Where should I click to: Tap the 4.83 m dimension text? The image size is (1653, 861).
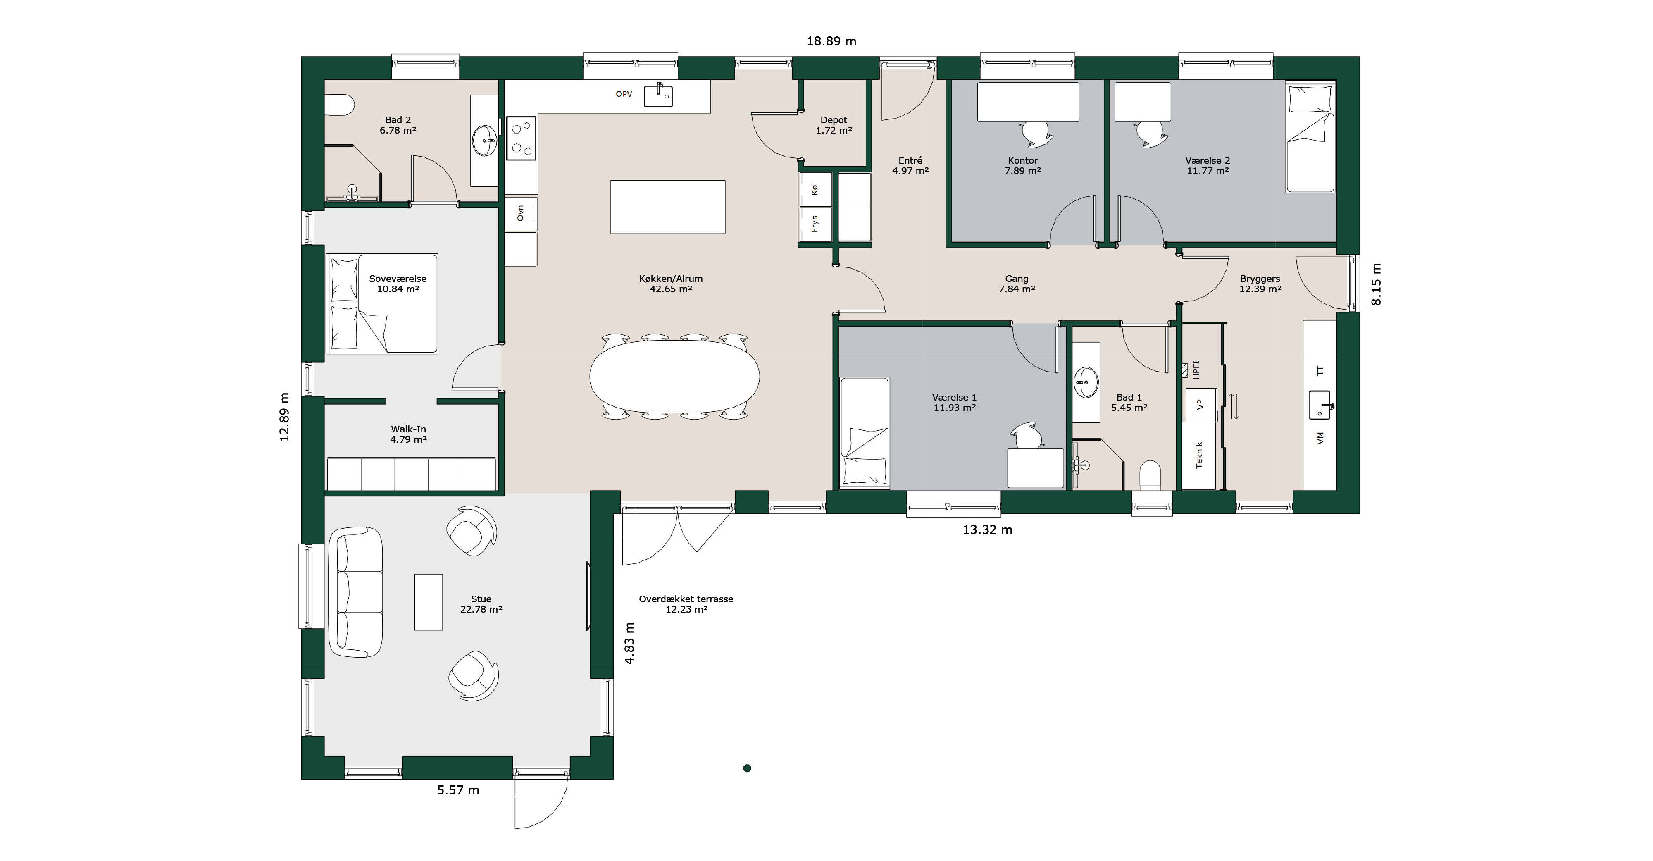[x=629, y=643]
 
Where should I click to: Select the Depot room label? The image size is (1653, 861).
[x=834, y=120]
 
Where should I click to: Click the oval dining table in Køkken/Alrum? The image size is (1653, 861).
[x=674, y=377]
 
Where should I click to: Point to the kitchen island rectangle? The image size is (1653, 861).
[x=667, y=207]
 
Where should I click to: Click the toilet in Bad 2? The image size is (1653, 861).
[x=340, y=105]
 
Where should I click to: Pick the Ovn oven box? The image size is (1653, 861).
[x=520, y=213]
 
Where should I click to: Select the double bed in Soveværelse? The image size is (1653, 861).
[x=382, y=304]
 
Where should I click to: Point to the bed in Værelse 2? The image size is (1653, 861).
[x=1310, y=137]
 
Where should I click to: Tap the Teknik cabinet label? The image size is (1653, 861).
[x=1199, y=455]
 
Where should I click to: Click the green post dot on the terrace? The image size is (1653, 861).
[x=747, y=768]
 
